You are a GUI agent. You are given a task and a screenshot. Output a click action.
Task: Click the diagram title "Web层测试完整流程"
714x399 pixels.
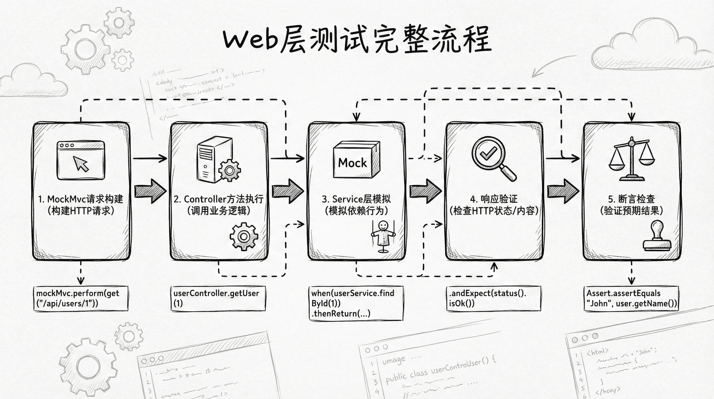tap(357, 39)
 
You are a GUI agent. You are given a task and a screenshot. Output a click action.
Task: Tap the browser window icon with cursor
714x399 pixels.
tap(81, 160)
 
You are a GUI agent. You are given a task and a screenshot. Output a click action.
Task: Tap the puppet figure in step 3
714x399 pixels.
tap(383, 236)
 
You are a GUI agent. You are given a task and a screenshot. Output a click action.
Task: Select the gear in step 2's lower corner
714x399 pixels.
tap(244, 236)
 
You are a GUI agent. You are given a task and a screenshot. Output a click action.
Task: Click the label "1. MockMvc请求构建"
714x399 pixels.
tap(81, 199)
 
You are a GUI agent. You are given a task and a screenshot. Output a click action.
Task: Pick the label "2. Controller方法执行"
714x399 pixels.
tap(219, 199)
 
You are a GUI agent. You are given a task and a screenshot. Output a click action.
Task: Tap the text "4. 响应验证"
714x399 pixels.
tap(493, 199)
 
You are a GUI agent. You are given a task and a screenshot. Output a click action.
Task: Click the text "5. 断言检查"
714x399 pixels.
tap(631, 199)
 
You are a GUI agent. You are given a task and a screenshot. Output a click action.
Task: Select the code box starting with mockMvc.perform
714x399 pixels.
tap(81, 299)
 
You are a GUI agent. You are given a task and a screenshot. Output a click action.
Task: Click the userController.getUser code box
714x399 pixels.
tap(218, 299)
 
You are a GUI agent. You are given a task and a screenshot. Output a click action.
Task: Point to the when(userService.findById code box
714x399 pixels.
tap(356, 303)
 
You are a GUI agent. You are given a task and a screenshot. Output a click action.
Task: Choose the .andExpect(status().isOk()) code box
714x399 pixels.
tap(493, 299)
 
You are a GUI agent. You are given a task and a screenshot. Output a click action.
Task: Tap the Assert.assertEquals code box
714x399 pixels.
tap(631, 299)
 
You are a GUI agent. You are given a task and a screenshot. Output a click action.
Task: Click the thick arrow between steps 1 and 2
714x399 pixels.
tap(150, 191)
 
